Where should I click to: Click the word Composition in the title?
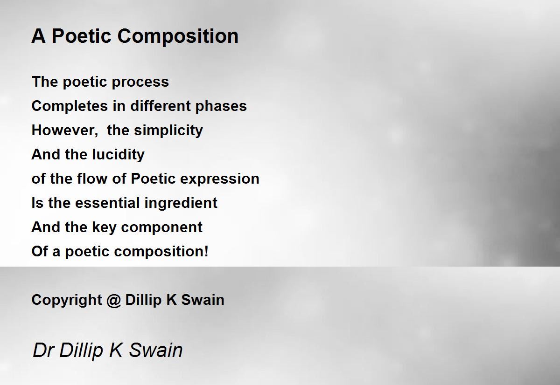[x=178, y=37]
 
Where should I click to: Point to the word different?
[x=161, y=106]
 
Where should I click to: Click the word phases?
[x=221, y=107]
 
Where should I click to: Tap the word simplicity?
[x=168, y=131]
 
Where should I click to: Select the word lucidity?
[x=118, y=155]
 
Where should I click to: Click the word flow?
[x=92, y=179]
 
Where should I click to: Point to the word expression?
[x=220, y=179]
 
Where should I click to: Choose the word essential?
[x=107, y=202]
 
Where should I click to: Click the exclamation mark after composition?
[x=206, y=251]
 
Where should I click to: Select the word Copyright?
[x=67, y=300]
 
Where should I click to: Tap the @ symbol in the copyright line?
[x=113, y=300]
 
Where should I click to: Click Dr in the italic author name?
[x=43, y=350]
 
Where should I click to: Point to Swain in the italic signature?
[x=155, y=350]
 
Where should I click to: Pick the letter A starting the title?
[x=38, y=36]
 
